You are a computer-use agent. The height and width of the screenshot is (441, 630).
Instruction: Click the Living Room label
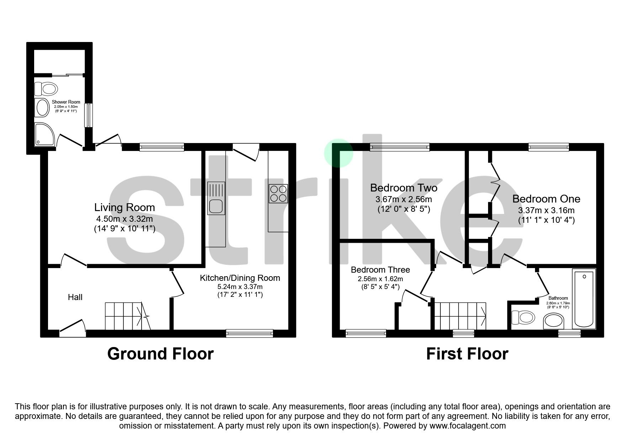pyautogui.click(x=125, y=208)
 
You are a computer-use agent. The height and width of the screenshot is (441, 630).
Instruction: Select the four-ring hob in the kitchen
pyautogui.click(x=278, y=194)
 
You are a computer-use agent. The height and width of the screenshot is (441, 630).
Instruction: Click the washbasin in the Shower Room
pyautogui.click(x=42, y=107)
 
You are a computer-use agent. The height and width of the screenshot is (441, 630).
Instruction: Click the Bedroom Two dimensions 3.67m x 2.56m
pyautogui.click(x=404, y=199)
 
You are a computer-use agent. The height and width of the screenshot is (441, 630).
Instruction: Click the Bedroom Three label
pyautogui.click(x=380, y=270)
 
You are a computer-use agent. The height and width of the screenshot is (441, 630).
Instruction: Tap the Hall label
pyautogui.click(x=75, y=297)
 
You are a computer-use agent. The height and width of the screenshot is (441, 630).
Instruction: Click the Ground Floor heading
pyautogui.click(x=160, y=354)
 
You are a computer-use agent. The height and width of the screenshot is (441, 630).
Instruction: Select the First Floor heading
pyautogui.click(x=467, y=354)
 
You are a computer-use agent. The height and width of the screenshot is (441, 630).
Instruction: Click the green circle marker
pyautogui.click(x=338, y=153)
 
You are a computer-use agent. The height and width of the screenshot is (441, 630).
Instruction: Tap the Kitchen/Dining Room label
pyautogui.click(x=240, y=278)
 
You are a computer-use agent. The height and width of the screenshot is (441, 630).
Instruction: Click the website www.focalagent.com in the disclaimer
pyautogui.click(x=467, y=426)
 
